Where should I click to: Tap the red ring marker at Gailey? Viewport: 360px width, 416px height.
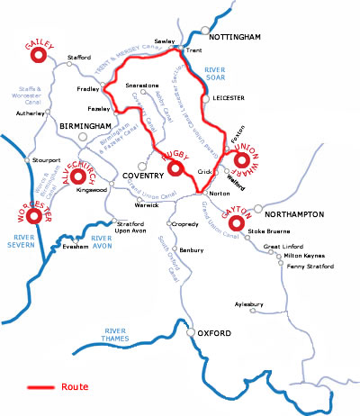38,55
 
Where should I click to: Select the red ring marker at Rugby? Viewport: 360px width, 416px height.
175,167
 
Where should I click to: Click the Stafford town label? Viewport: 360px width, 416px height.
80,58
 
